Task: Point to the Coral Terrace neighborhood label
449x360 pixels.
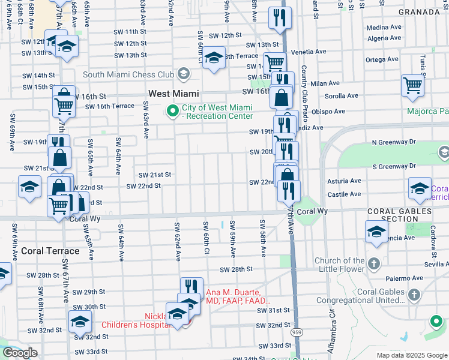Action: coord(50,251)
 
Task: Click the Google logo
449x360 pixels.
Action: coord(20,353)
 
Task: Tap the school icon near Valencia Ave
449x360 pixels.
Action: coord(376,232)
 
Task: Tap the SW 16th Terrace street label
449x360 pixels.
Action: coord(110,106)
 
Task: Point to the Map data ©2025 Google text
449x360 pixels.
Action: coord(412,355)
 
